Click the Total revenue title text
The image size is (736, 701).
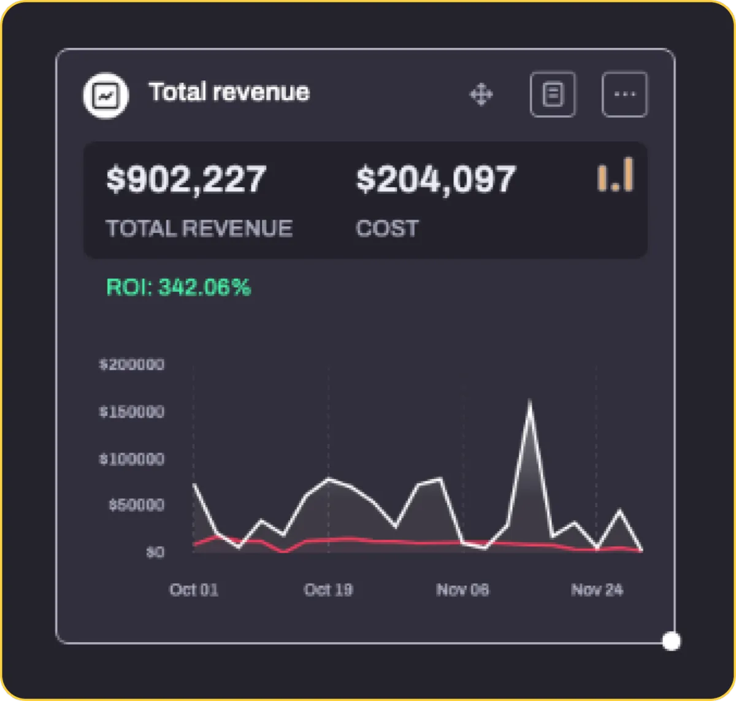tap(229, 93)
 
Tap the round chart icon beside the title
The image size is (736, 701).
tap(105, 96)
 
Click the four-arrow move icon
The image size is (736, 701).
tap(481, 95)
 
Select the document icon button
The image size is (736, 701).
tap(553, 95)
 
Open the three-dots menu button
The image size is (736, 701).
tap(624, 95)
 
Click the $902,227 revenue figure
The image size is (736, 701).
tap(186, 180)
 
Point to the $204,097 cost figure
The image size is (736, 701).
tap(436, 180)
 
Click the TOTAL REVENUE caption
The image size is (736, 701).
tap(199, 229)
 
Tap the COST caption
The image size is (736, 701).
tap(387, 229)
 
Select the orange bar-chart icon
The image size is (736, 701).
tap(616, 175)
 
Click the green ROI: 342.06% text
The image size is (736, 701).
tap(179, 287)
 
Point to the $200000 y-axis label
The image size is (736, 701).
tap(132, 365)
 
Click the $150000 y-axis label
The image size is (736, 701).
tap(132, 412)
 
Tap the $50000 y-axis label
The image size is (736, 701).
tap(136, 505)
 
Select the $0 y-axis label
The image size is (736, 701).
tap(155, 553)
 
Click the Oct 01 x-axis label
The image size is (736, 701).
tap(194, 590)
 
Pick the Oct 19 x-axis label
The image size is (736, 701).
tap(328, 590)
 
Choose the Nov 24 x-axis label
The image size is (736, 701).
tap(597, 590)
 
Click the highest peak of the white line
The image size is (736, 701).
tap(530, 403)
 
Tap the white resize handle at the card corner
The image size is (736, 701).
tap(672, 642)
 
